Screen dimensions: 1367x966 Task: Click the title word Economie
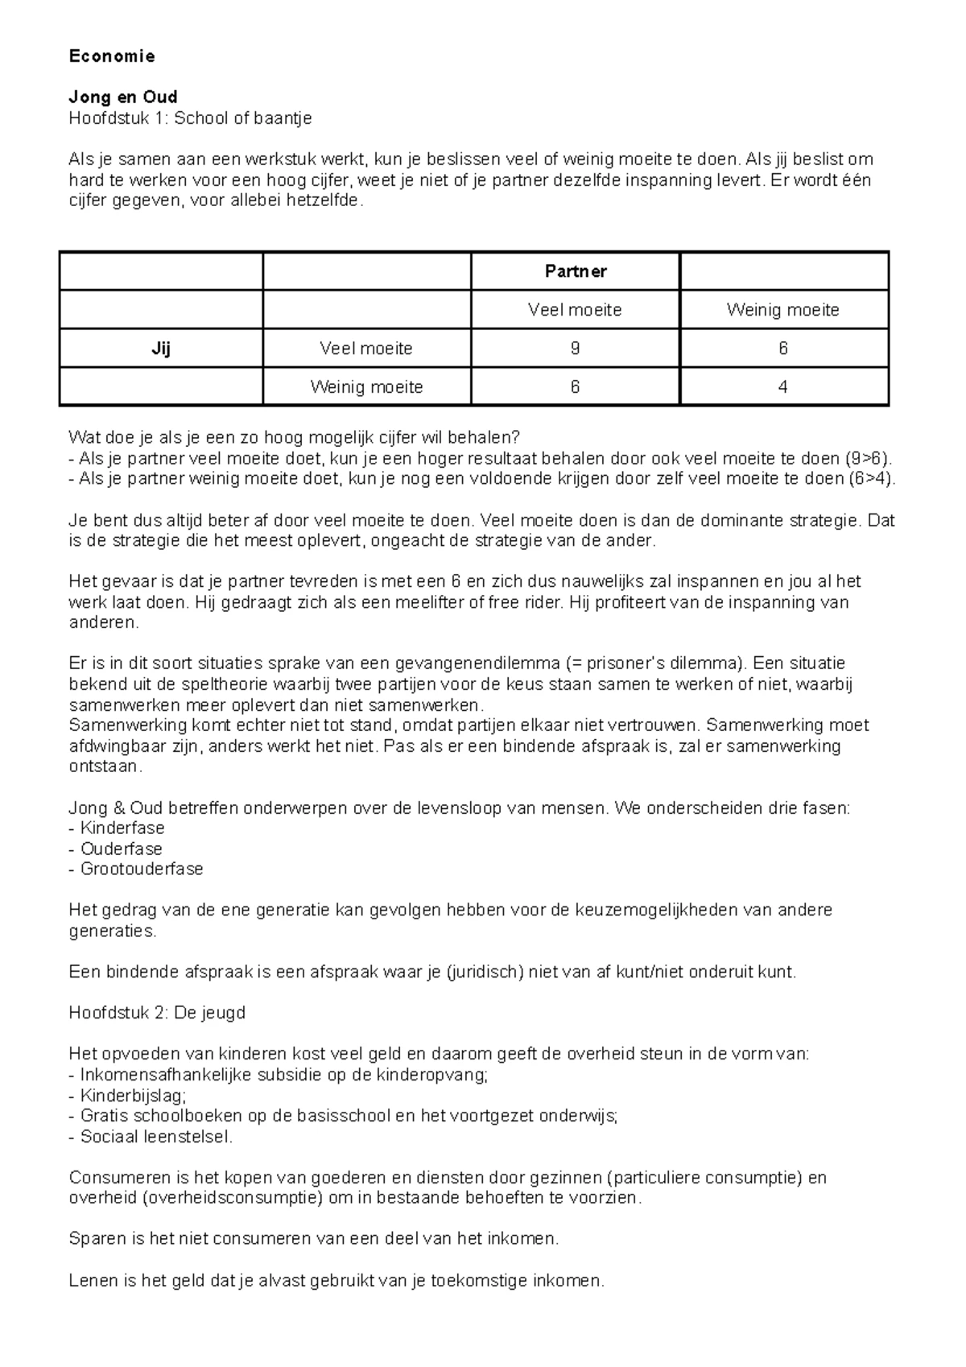[x=112, y=56]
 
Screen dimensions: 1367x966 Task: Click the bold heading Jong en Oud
[x=123, y=97]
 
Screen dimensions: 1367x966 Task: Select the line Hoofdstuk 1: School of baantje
[x=190, y=118]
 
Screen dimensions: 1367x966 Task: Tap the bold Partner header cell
[x=575, y=271]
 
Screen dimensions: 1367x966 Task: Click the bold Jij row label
[x=161, y=349]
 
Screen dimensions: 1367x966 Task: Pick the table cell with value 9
[x=575, y=349]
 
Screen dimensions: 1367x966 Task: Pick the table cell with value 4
[x=783, y=387]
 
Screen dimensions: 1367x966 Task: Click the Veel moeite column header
[x=575, y=310]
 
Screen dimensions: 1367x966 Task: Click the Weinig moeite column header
[x=783, y=310]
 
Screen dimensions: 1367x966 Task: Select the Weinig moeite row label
[x=366, y=387]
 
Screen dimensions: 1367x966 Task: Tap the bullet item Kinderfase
[x=122, y=828]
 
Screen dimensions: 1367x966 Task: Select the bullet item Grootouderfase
[x=141, y=869]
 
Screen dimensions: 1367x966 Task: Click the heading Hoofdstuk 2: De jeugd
[x=157, y=1013]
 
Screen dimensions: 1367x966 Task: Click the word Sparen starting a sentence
[x=95, y=1239]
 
